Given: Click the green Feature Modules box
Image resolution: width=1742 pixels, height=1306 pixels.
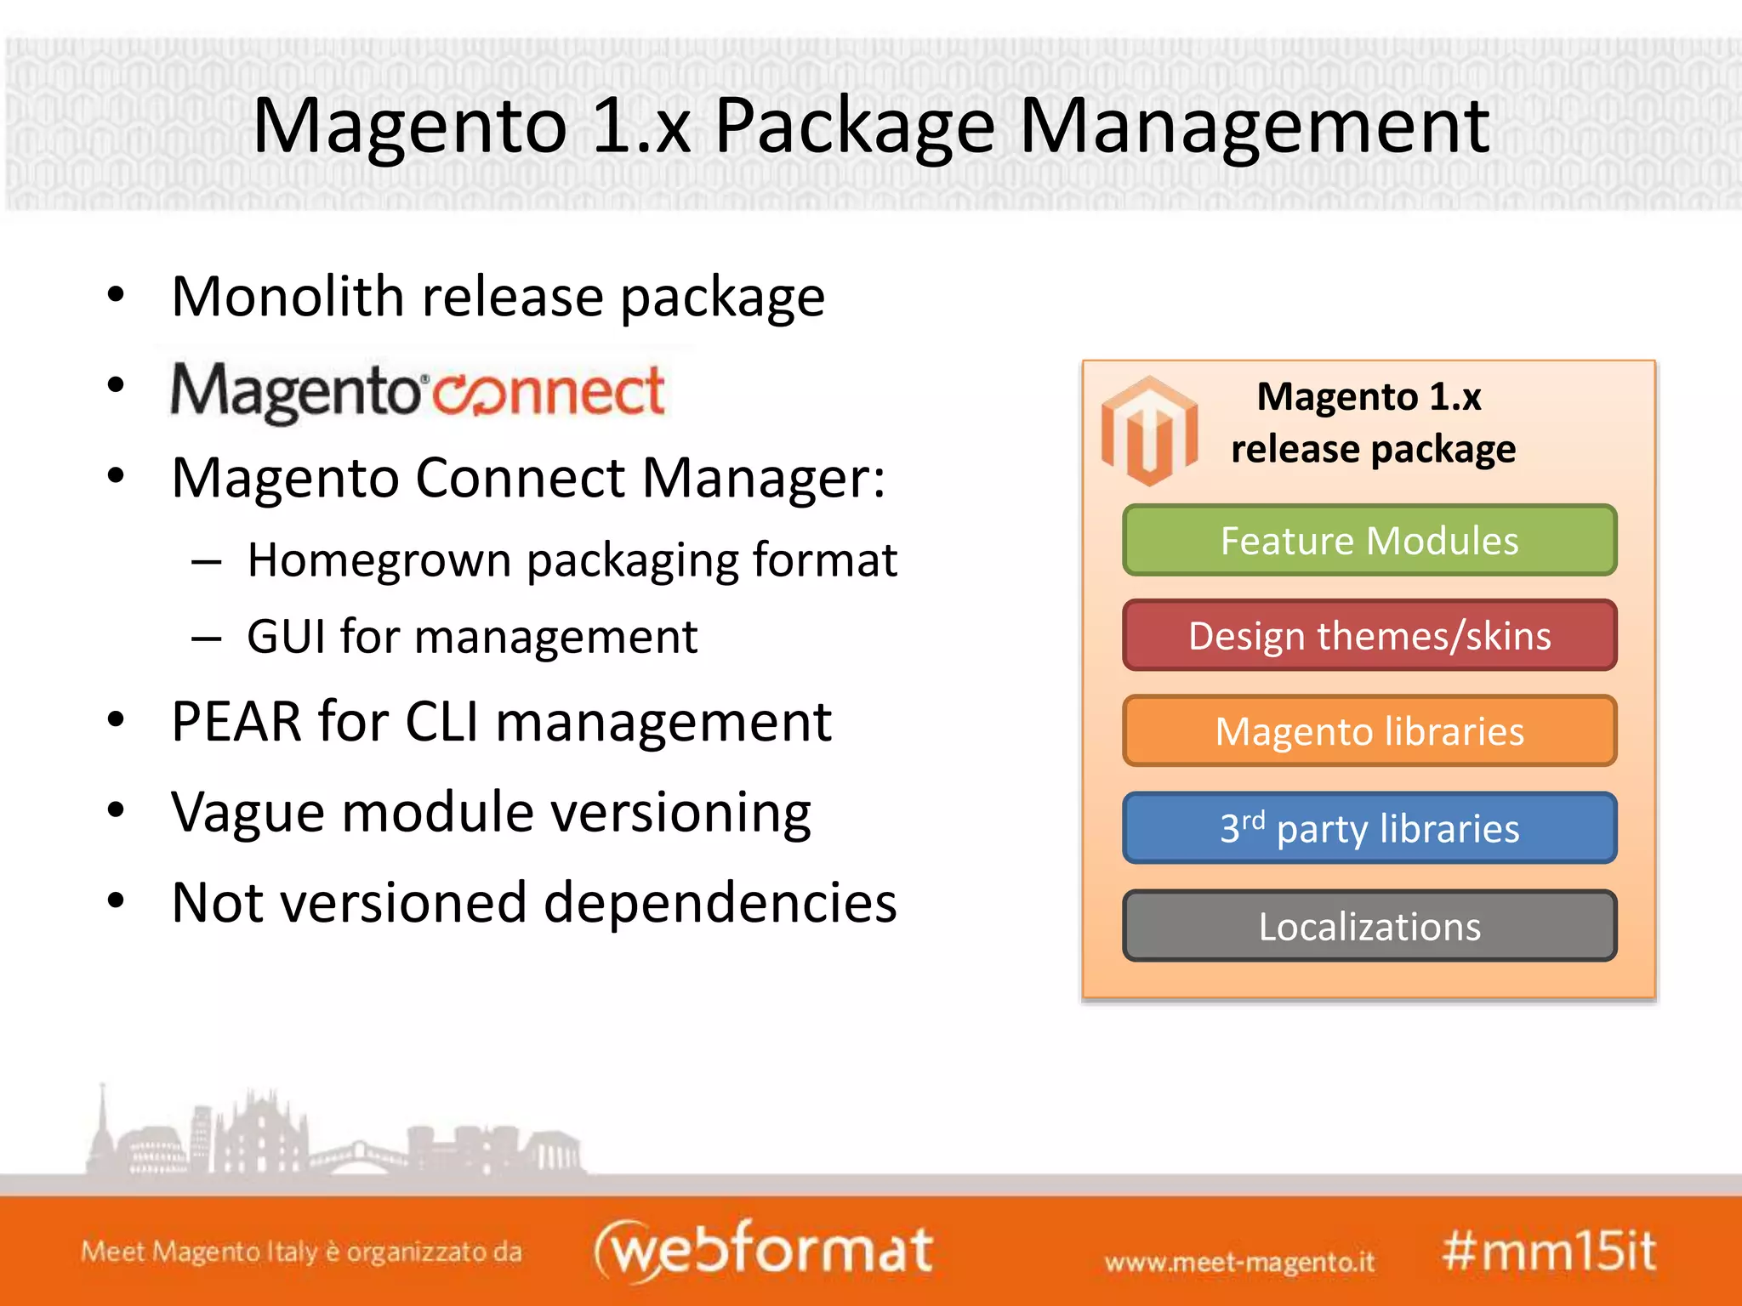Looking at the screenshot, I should [1369, 541].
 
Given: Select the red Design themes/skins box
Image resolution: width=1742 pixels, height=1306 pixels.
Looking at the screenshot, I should [1369, 636].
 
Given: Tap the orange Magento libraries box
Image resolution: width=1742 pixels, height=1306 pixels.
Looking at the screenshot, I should [1369, 731].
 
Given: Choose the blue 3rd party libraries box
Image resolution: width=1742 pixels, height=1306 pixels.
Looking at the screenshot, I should [1369, 828].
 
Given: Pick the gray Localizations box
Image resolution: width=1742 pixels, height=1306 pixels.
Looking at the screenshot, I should [1369, 926].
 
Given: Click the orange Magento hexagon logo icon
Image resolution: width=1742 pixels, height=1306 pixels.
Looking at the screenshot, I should [1149, 430].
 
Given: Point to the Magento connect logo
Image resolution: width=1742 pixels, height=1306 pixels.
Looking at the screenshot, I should [418, 392].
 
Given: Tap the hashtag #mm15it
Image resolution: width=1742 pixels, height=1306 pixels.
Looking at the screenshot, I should [1549, 1252].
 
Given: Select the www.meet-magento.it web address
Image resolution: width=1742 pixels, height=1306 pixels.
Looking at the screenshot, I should [1239, 1262].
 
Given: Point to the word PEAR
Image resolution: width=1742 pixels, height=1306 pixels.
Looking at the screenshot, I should [236, 722].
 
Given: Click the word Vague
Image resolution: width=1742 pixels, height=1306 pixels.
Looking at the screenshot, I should [248, 812].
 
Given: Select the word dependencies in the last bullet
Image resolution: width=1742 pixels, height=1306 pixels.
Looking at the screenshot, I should [720, 902].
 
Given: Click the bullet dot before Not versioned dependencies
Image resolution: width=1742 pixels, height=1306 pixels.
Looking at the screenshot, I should [117, 900].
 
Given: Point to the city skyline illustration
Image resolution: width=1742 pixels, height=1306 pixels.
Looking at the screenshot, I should [332, 1135].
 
